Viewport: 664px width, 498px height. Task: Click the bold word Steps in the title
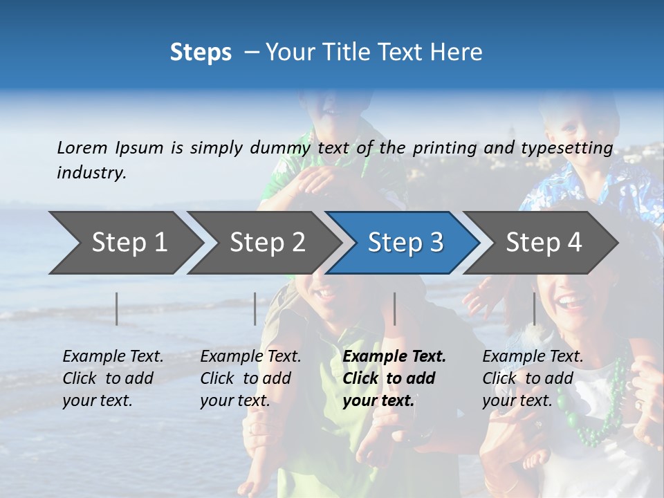pyautogui.click(x=201, y=53)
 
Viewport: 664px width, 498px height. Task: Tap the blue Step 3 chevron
pyautogui.click(x=405, y=243)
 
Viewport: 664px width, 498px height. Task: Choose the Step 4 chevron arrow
pyautogui.click(x=544, y=243)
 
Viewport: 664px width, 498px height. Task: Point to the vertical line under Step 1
pyautogui.click(x=117, y=308)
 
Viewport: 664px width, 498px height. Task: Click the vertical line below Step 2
pyautogui.click(x=255, y=308)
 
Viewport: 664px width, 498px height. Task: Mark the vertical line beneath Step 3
pyautogui.click(x=395, y=308)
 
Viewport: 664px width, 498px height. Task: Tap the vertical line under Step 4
pyautogui.click(x=535, y=308)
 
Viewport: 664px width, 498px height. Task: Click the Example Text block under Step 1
pyautogui.click(x=113, y=378)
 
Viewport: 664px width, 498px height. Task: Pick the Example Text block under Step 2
pyautogui.click(x=250, y=378)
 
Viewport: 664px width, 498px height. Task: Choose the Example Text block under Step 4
pyautogui.click(x=533, y=378)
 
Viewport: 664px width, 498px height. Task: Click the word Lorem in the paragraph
pyautogui.click(x=82, y=147)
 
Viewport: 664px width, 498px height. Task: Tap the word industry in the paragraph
pyautogui.click(x=91, y=173)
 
